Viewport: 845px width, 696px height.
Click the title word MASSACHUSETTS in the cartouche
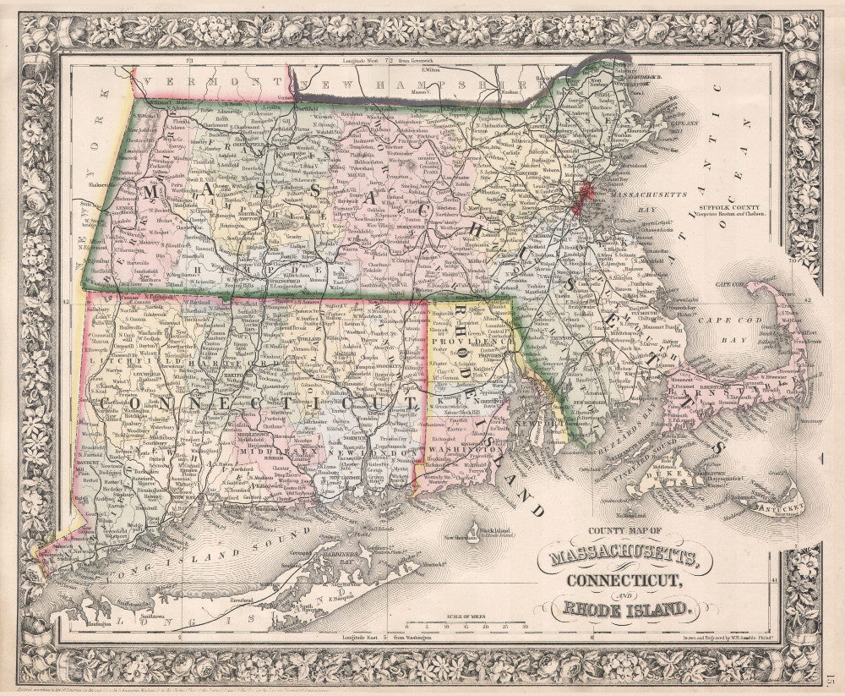624,557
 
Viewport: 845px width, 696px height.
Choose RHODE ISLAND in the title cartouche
624,606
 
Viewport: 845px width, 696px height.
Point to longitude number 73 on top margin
191,61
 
